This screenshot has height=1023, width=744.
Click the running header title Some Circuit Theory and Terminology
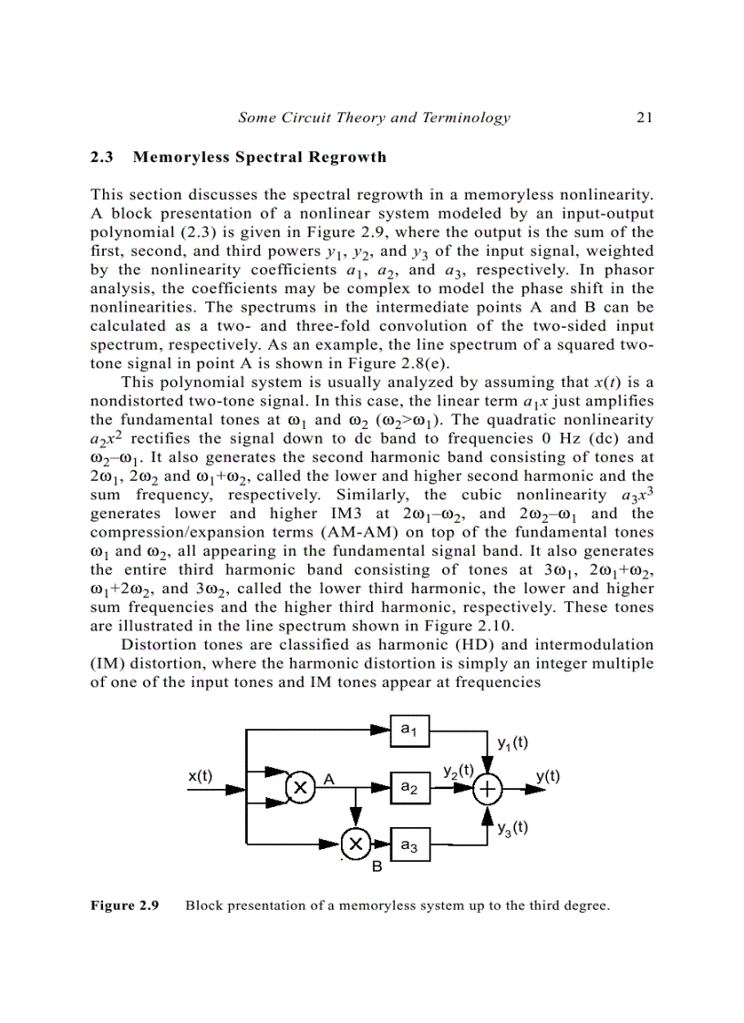coord(374,117)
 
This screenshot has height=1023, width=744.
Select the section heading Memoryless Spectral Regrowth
coord(260,157)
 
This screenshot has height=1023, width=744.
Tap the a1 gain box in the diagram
coord(409,730)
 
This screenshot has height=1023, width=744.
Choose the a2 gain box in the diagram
coord(409,787)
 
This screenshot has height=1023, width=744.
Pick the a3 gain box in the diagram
coord(409,844)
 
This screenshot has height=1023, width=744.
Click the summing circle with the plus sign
coord(489,788)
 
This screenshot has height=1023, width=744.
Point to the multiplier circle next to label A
coord(298,788)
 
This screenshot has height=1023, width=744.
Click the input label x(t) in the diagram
coord(200,776)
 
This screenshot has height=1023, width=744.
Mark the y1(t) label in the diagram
coord(513,742)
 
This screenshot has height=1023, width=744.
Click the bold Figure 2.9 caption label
coord(125,905)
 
